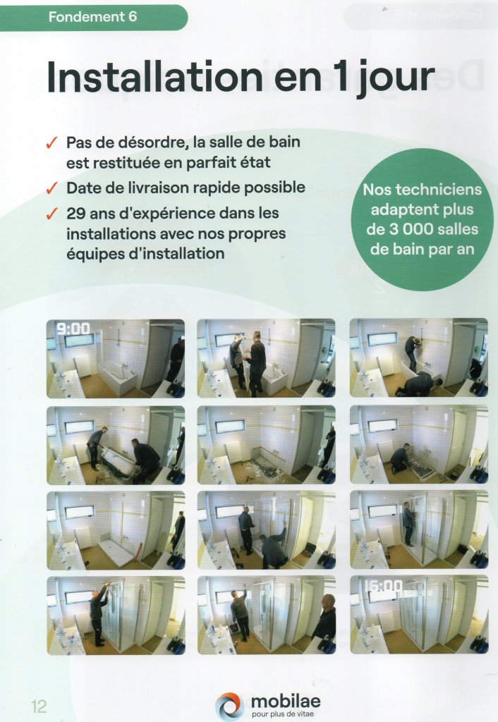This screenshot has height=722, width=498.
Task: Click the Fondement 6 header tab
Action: [x=94, y=18]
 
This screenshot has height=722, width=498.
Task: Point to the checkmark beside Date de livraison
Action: [x=51, y=188]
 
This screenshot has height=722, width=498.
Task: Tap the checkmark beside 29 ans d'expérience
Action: [x=51, y=214]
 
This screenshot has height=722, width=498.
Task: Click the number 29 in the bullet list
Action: [x=75, y=214]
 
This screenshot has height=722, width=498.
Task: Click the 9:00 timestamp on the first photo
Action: [x=73, y=329]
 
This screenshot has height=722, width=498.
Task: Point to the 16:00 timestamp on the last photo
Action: [x=383, y=586]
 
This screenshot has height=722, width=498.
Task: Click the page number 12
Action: [x=40, y=706]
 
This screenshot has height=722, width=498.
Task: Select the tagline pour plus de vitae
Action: [x=283, y=714]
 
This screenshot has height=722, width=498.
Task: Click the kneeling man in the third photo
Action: [x=418, y=384]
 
